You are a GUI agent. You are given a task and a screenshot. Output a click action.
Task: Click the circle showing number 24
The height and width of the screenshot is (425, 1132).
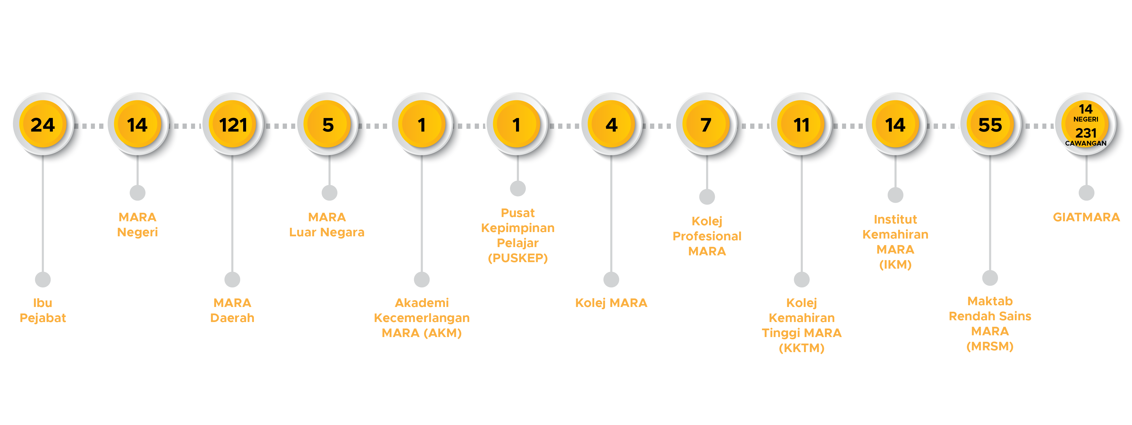43,125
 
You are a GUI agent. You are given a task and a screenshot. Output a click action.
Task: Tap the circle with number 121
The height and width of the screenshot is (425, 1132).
232,125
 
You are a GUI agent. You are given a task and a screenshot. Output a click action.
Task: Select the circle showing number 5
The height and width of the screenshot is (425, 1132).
328,125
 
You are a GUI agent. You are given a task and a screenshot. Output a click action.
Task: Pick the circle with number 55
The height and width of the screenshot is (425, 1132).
990,125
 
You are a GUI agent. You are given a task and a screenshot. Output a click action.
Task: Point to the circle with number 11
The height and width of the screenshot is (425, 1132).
801,125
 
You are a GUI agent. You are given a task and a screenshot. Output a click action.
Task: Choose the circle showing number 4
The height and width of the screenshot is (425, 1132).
611,125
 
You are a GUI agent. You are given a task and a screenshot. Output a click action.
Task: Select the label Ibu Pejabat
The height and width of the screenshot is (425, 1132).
43,310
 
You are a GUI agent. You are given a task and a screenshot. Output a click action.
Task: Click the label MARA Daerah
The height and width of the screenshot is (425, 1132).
232,310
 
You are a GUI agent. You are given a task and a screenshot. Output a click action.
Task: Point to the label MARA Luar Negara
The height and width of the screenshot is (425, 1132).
327,224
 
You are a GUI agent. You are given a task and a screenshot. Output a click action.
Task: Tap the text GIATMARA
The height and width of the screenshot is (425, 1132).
1086,217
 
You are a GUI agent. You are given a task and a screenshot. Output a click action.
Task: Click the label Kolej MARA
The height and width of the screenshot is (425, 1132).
611,303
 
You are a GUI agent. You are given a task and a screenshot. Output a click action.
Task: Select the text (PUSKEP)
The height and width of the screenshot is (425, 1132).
518,258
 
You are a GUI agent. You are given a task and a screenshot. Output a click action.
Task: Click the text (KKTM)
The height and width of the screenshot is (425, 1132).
801,348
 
